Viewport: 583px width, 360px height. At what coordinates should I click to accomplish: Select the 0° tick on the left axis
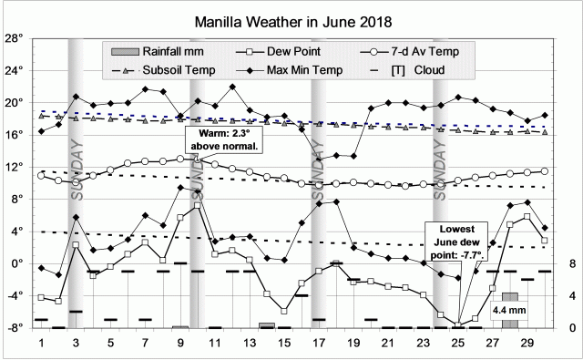pos(17,263)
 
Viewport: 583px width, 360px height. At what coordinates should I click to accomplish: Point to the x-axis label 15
pos(284,343)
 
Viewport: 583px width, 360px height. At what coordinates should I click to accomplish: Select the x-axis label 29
pos(527,343)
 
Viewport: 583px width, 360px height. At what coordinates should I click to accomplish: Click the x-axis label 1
pos(42,343)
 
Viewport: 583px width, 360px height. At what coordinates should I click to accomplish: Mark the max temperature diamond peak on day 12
pos(232,87)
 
